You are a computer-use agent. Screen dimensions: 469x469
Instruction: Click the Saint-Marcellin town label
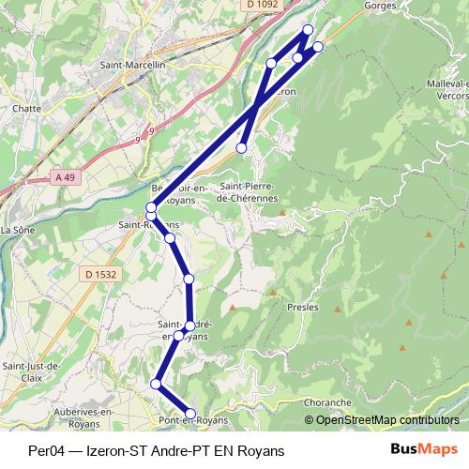[x=132, y=66]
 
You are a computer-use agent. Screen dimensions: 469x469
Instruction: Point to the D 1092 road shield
[x=265, y=5]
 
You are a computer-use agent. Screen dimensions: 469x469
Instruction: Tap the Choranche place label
[x=327, y=402]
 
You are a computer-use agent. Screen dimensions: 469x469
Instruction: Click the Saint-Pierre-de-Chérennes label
[x=250, y=192]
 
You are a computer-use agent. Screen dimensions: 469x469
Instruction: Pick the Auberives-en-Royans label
[x=83, y=417]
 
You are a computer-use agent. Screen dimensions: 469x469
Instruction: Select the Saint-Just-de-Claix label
[x=31, y=371]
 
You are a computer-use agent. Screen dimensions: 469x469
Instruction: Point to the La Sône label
[x=17, y=229]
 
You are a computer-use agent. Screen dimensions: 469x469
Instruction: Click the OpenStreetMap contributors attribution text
[x=387, y=419]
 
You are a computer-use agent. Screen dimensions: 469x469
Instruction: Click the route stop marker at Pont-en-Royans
[x=190, y=413]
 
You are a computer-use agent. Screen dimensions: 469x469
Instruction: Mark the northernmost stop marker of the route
[x=308, y=29]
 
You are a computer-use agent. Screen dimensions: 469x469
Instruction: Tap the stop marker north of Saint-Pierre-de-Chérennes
[x=242, y=147]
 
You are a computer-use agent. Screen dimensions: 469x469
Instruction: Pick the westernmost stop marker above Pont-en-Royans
[x=156, y=384]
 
